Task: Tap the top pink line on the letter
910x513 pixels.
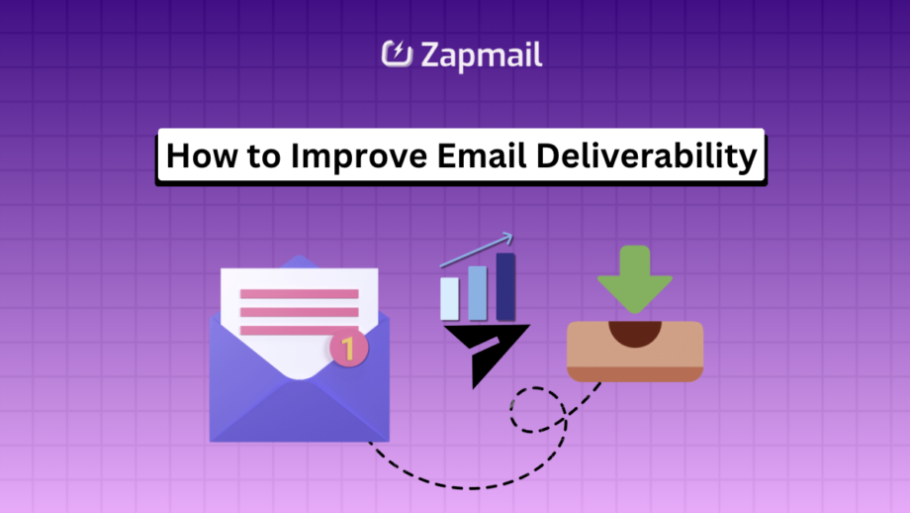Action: click(x=299, y=294)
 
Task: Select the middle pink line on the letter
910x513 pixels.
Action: click(x=299, y=313)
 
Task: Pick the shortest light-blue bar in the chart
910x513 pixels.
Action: click(x=450, y=298)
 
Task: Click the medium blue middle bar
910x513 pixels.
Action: click(x=478, y=292)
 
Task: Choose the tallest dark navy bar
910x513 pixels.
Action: click(x=505, y=286)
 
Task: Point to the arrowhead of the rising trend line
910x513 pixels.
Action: click(x=506, y=238)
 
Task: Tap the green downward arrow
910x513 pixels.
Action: click(x=634, y=277)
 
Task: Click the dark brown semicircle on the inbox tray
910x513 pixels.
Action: click(x=634, y=332)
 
